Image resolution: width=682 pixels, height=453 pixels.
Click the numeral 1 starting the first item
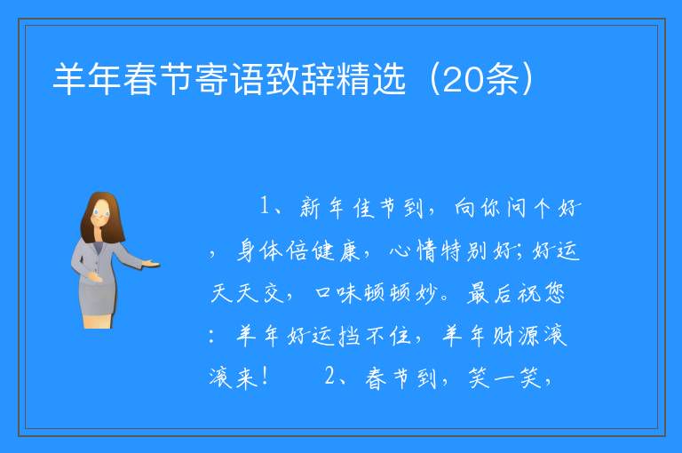click(265, 206)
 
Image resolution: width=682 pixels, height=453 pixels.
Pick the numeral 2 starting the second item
click(330, 376)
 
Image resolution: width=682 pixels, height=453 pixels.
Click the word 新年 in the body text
click(322, 207)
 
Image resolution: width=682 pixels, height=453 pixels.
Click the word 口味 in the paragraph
click(337, 292)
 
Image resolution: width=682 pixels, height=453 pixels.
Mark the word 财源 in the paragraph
click(515, 335)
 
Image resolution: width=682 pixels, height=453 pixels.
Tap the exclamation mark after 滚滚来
click(265, 377)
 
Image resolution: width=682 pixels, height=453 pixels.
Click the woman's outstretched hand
click(151, 263)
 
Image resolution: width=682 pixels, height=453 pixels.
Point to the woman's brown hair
click(103, 217)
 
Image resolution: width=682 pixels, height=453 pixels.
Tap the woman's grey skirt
click(98, 297)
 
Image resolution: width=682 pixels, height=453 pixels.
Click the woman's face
click(102, 214)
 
